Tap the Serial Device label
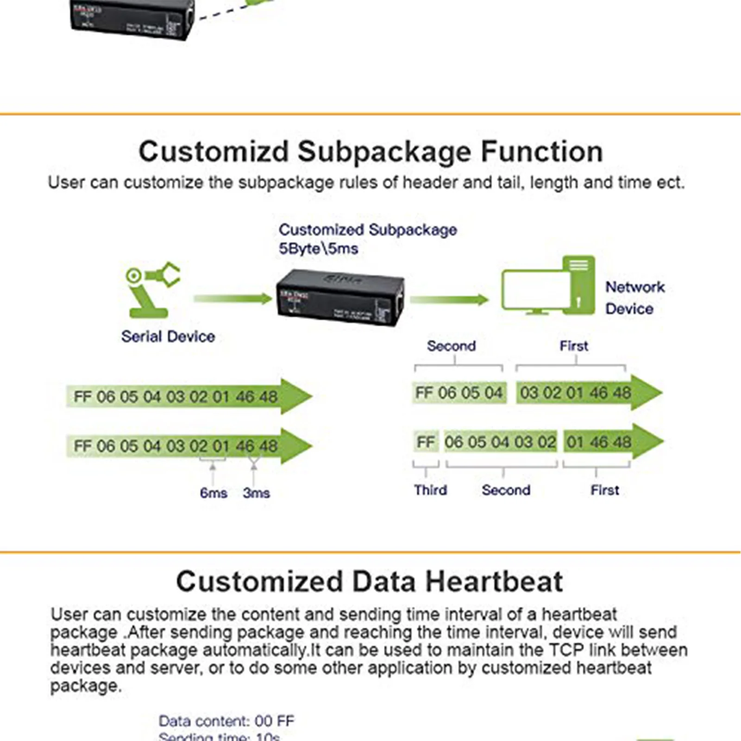tap(168, 337)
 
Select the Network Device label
tap(634, 298)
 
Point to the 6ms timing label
tap(214, 493)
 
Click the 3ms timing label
tap(256, 493)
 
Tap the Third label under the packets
tap(430, 490)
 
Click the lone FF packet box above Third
tap(426, 442)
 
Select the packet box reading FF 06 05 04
tap(458, 393)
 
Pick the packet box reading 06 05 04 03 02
tap(500, 442)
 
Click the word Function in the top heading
tap(542, 152)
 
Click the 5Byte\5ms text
tap(318, 249)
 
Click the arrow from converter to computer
tap(449, 300)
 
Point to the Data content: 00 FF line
tap(226, 721)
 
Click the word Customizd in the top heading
tap(214, 152)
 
